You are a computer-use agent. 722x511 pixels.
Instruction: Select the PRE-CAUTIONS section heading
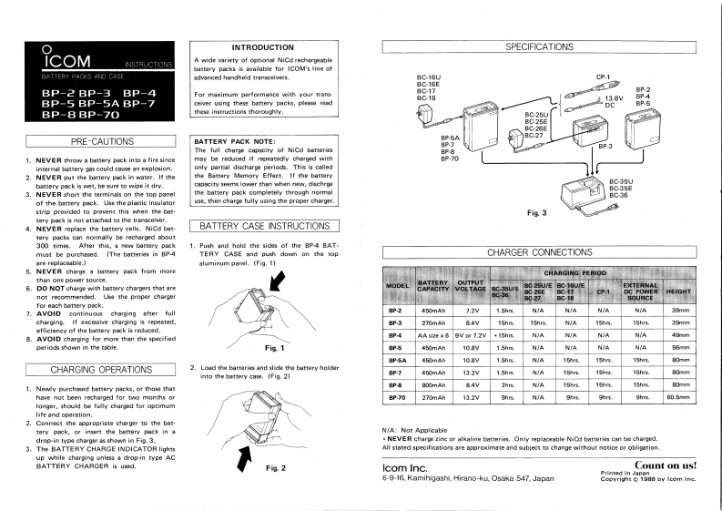97,141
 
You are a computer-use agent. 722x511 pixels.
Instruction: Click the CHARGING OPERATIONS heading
97,369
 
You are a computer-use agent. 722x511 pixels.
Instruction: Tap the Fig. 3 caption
537,212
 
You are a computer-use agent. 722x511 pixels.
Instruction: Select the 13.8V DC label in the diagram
615,101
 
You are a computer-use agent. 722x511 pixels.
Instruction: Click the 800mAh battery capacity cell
432,385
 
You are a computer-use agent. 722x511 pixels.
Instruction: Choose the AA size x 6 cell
432,334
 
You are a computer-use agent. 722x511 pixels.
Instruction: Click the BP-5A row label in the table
395,360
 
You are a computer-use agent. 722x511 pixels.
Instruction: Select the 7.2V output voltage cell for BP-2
473,310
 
